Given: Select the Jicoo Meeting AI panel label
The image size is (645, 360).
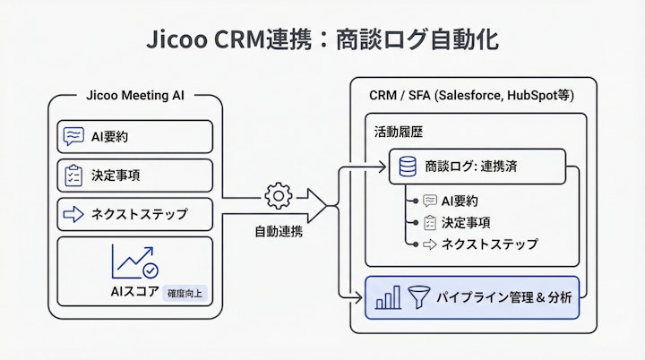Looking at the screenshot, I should (x=135, y=97).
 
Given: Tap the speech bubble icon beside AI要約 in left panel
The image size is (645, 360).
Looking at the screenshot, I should (x=74, y=136).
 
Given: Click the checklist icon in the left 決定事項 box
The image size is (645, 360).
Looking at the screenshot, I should (x=74, y=175).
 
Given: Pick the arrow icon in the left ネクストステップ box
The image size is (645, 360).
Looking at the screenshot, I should (x=74, y=214).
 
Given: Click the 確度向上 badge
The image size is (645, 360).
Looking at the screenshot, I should (x=185, y=292).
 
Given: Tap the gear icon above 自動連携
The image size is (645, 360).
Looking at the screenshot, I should (x=279, y=196).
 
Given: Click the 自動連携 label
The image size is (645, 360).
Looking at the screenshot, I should (x=279, y=231).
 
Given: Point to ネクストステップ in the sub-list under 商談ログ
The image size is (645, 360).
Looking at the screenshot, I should (x=489, y=244).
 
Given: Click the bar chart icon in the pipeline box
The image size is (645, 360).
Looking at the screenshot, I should (x=388, y=297).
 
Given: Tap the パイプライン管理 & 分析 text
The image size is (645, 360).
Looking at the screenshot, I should (x=503, y=297).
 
